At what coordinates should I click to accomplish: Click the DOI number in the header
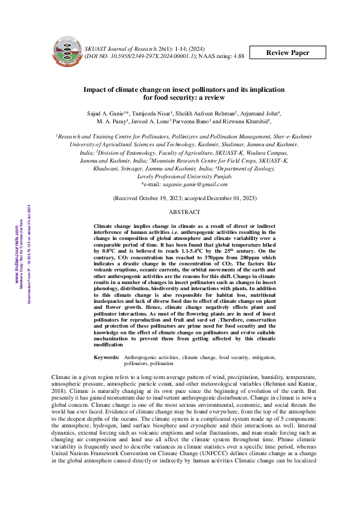click(159, 55)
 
